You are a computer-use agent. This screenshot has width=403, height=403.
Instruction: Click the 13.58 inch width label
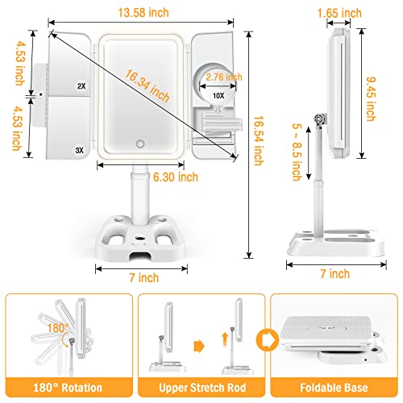click(143, 13)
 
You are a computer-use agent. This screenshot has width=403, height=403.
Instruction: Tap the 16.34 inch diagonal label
click(147, 85)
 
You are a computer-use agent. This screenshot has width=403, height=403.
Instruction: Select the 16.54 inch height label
click(259, 140)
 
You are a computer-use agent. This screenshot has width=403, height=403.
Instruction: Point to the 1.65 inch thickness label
click(339, 13)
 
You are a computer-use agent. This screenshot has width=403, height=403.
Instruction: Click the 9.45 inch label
click(371, 99)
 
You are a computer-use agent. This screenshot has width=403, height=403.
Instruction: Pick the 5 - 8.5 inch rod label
click(297, 152)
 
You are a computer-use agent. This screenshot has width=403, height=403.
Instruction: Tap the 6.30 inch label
click(176, 177)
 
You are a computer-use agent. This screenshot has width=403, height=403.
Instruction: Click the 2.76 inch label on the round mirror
click(224, 77)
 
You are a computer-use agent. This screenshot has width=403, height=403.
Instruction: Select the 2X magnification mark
click(81, 86)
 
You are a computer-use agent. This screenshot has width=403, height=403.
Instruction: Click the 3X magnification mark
click(79, 150)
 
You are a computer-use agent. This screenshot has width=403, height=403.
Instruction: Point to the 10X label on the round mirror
click(218, 95)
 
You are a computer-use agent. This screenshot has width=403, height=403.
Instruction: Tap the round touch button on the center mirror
click(140, 143)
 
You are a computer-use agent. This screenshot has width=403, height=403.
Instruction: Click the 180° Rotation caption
click(68, 388)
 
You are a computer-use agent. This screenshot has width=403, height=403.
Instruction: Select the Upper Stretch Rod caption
click(202, 388)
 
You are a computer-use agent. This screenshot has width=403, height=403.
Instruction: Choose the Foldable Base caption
click(334, 388)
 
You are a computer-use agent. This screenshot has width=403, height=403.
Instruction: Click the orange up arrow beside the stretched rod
click(225, 339)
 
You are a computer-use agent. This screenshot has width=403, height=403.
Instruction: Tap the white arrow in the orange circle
click(268, 340)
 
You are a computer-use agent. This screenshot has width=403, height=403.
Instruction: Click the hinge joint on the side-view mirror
click(319, 118)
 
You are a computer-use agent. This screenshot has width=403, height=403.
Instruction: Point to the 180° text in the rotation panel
click(58, 328)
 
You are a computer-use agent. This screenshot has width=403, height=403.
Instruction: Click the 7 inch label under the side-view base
click(335, 274)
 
